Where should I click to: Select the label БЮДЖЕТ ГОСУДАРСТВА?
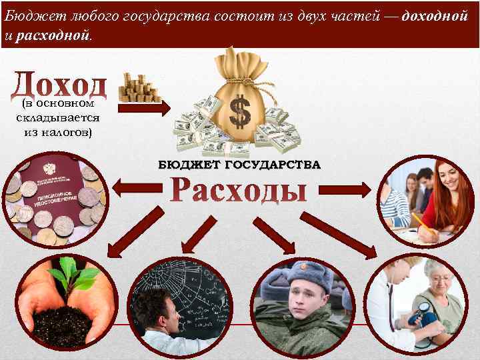[239, 164]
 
